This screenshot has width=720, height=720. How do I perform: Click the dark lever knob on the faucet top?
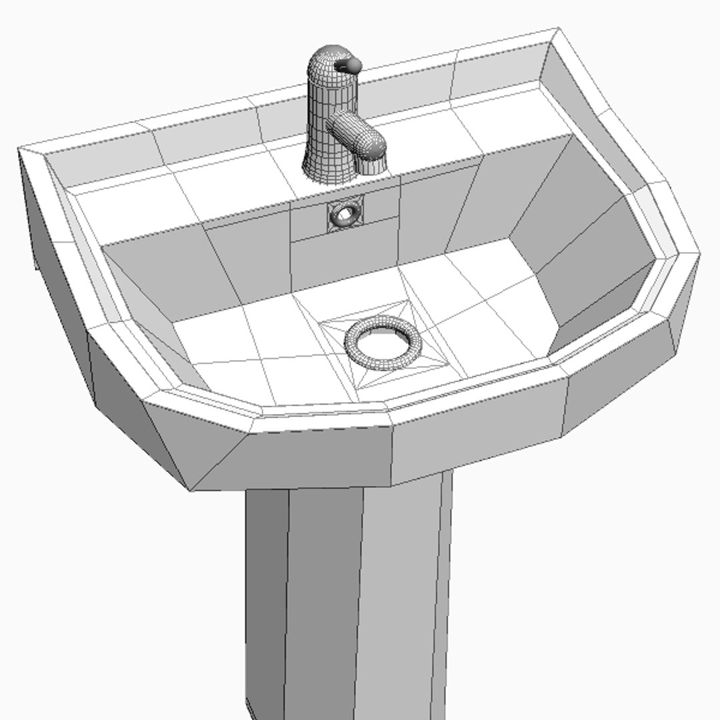(348, 65)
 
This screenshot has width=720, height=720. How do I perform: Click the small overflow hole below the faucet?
(345, 214)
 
